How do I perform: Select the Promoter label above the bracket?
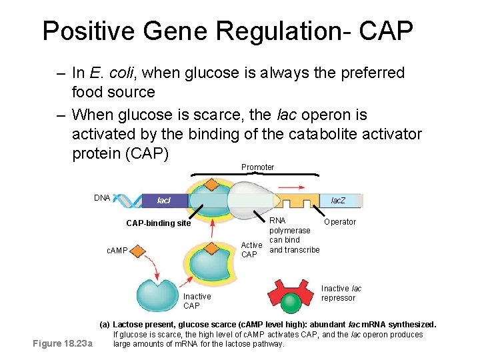click(257, 167)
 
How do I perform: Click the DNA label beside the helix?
click(102, 198)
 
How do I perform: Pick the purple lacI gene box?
click(165, 200)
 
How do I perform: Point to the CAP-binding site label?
click(158, 223)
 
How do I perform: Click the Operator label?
click(340, 222)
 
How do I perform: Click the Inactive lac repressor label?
click(341, 293)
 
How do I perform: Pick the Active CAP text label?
click(251, 250)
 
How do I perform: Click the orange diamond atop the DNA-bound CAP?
click(211, 185)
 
